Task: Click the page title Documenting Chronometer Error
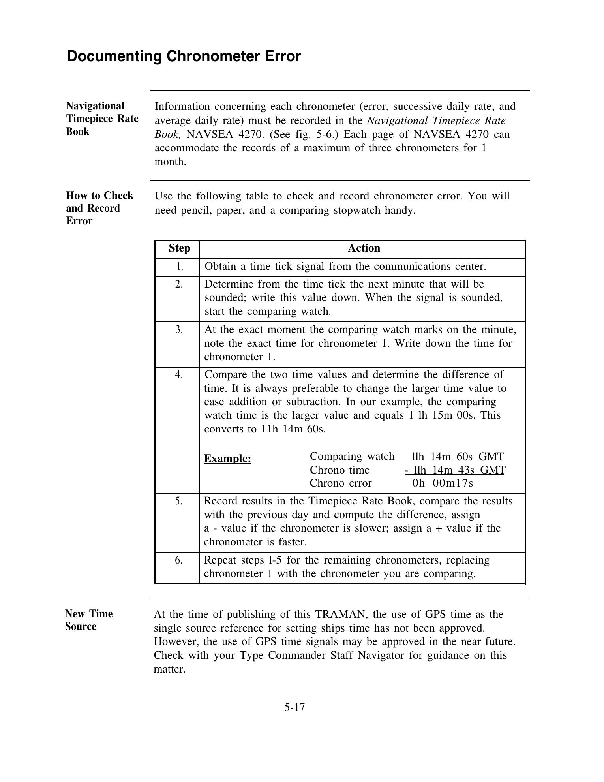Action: pos(184,56)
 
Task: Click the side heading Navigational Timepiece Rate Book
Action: pos(102,118)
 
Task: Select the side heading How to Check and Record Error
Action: pos(99,208)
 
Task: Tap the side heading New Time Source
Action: pos(89,620)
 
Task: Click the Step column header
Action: pos(179,248)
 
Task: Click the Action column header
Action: pos(364,248)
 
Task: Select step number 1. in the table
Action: pos(180,267)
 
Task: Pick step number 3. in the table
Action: pos(179,329)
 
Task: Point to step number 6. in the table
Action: pos(179,560)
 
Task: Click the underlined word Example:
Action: pos(227,459)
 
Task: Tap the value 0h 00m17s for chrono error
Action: pos(442,483)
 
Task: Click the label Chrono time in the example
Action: pos(340,470)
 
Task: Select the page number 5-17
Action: pos(294,707)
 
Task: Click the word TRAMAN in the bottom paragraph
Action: pos(341,615)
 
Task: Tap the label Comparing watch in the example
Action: pos(352,457)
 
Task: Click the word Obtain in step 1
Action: pos(220,267)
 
